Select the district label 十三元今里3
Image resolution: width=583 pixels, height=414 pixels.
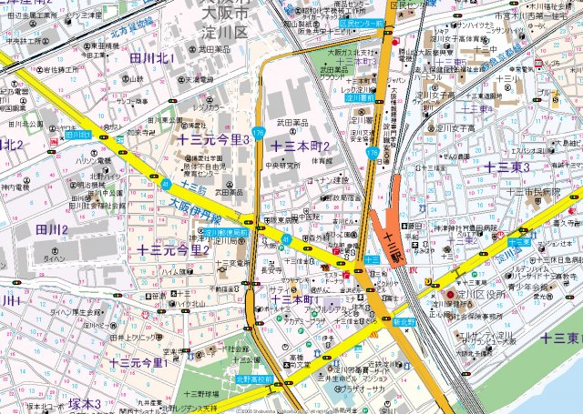213,139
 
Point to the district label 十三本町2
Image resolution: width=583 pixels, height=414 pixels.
300,146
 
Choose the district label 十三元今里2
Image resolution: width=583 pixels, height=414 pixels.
173,249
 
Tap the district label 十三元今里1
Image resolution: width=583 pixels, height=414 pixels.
138,363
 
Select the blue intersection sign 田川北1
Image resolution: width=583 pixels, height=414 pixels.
78,134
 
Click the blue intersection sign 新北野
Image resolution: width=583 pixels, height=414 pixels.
404,321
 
